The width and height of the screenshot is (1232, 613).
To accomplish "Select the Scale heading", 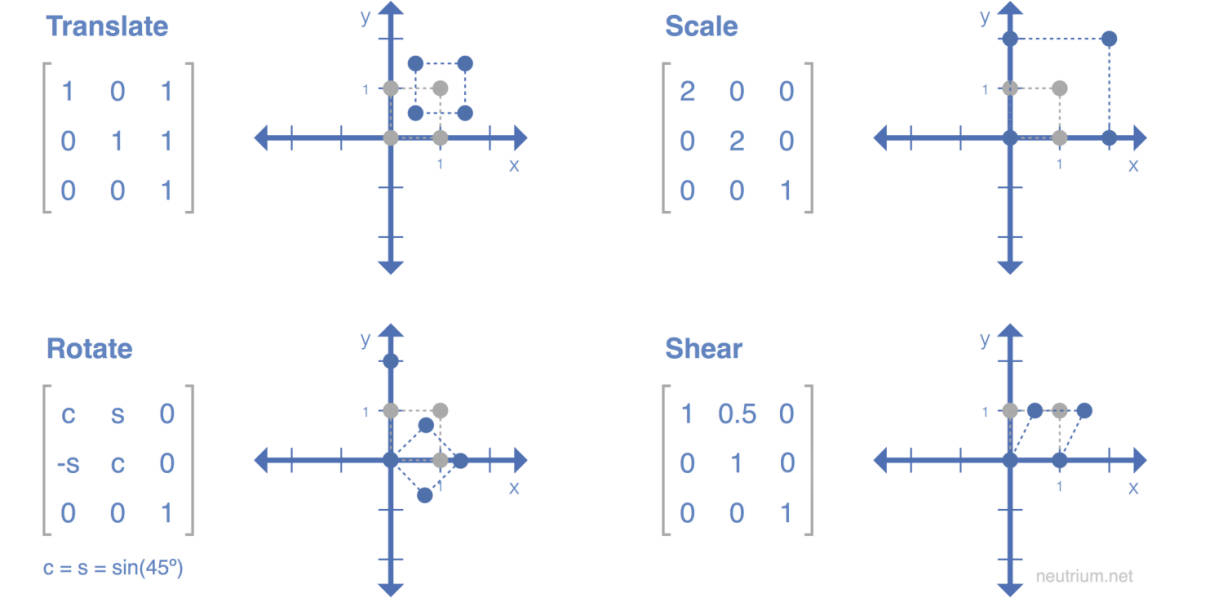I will tap(701, 27).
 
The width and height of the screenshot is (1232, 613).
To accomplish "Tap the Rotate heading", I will tap(89, 349).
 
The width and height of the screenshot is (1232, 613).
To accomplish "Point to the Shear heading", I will tap(703, 349).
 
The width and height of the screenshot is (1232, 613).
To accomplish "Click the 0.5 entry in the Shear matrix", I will tap(736, 413).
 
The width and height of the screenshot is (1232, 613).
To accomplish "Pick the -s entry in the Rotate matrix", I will tap(67, 463).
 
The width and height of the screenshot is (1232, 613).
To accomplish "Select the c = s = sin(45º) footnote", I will tap(113, 568).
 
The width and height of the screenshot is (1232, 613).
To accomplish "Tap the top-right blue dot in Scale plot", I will tap(1108, 39).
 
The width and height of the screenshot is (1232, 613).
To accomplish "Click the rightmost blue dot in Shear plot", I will tap(1084, 410).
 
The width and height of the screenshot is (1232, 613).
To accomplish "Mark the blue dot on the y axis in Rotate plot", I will tap(391, 361).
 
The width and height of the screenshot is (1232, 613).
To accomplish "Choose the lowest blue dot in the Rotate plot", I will tap(424, 495).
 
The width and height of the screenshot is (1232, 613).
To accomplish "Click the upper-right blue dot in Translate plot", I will tap(464, 64).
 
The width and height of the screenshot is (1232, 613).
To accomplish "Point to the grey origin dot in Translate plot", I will tap(391, 137).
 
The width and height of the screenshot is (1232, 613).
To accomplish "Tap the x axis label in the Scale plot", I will tap(1133, 165).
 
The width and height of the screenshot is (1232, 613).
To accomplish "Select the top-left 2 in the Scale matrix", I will tap(686, 92).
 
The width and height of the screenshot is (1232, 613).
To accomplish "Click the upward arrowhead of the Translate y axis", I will tap(391, 10).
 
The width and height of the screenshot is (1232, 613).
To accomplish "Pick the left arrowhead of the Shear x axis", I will tap(880, 460).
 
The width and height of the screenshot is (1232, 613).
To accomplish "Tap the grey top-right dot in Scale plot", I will tap(1060, 88).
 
